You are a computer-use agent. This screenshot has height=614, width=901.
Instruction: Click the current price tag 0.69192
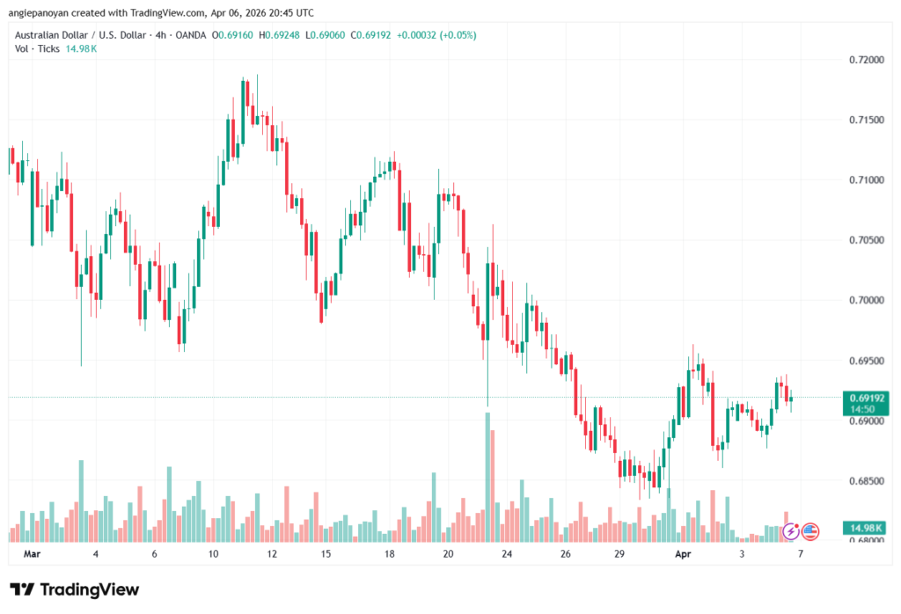(863, 398)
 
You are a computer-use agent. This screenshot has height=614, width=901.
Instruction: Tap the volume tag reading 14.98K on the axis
(863, 528)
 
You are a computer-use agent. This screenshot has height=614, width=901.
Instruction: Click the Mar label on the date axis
(33, 555)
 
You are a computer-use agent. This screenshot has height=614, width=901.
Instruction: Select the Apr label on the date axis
(683, 555)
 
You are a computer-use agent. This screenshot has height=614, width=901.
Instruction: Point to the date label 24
(507, 555)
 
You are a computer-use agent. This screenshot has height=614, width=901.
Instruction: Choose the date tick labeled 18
(388, 555)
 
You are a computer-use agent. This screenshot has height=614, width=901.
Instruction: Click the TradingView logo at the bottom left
(74, 589)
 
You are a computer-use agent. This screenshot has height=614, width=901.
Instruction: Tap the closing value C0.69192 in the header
(378, 33)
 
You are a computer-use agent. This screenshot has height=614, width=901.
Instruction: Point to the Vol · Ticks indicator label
(35, 48)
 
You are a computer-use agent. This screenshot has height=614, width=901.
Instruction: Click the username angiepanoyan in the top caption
(42, 11)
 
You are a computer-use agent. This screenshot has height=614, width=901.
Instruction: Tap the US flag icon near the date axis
(810, 531)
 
